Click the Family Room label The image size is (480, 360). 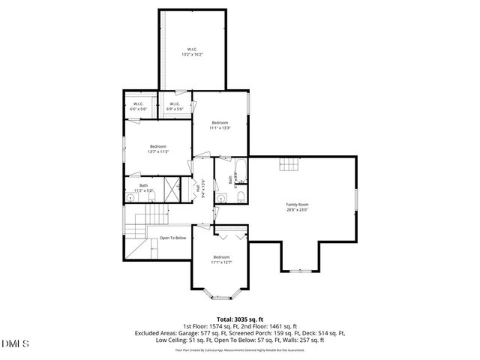[297, 205]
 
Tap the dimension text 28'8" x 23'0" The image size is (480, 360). [297, 210]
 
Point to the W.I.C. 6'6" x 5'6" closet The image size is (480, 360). [139, 106]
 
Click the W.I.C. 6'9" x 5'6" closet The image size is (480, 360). [174, 106]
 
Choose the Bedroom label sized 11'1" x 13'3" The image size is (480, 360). [220, 124]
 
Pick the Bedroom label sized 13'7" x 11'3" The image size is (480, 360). [158, 148]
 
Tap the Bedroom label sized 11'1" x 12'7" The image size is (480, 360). [220, 259]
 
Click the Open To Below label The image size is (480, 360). [172, 238]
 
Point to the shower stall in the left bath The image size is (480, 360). [172, 187]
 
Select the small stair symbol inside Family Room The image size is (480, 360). [289, 165]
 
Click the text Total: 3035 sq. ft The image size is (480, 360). [239, 319]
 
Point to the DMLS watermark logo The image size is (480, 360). [16, 343]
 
